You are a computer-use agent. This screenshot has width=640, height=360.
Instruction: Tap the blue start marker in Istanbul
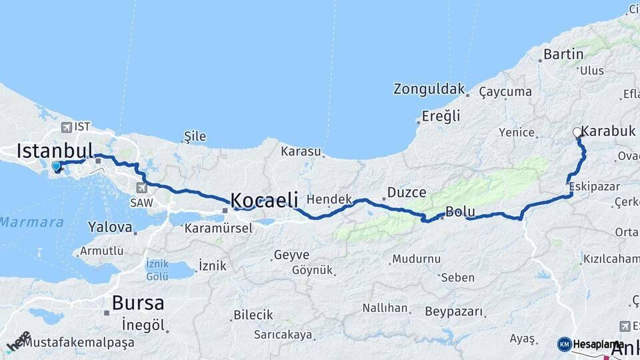click(56, 166)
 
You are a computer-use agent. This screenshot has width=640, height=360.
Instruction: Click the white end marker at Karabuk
click(577, 133)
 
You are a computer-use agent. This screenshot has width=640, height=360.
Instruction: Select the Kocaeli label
click(264, 199)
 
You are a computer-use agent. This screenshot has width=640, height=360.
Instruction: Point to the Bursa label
click(137, 303)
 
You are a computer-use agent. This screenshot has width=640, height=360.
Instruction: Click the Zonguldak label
click(428, 89)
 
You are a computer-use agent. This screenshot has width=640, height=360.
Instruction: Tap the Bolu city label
click(460, 212)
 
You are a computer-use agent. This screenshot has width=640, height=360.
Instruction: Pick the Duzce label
click(407, 193)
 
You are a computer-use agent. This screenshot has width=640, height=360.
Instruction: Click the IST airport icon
click(67, 127)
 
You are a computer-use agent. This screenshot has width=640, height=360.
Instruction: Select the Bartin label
click(563, 55)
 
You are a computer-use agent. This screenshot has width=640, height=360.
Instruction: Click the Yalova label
click(110, 227)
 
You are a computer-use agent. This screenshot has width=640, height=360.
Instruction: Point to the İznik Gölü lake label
click(157, 269)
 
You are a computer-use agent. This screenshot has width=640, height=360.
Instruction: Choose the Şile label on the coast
click(195, 137)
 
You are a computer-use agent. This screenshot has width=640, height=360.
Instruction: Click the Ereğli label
click(441, 116)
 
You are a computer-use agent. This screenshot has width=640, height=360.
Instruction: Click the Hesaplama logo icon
click(565, 344)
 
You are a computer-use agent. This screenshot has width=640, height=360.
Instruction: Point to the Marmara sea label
click(31, 222)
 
